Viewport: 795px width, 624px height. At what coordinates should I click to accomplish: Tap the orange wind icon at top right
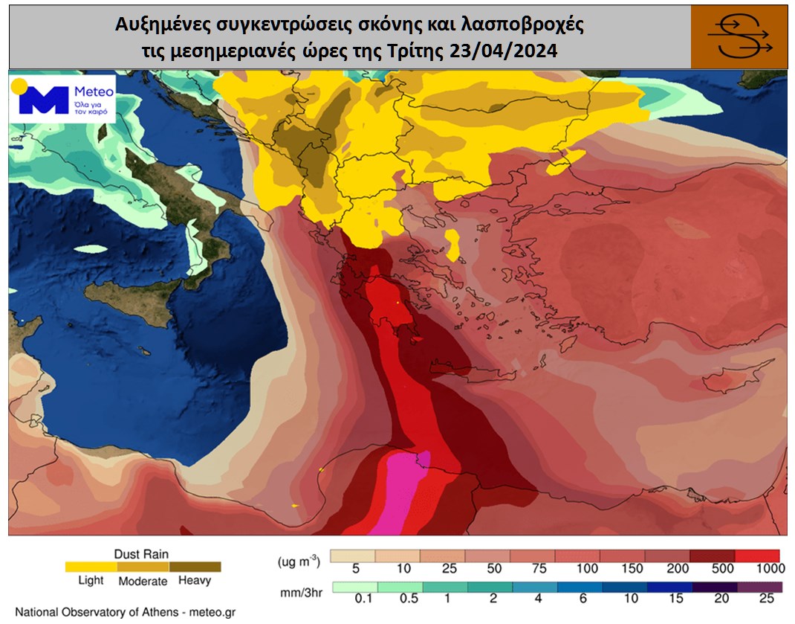pos(739,36)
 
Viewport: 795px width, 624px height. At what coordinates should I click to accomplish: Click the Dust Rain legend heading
pos(141,554)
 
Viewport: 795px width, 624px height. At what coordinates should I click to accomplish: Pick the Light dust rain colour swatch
pos(91,567)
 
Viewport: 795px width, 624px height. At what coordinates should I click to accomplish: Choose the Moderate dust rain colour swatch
pos(143,567)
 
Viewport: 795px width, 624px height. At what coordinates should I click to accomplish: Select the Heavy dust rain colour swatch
pos(195,567)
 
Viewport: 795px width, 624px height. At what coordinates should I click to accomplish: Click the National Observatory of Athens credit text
pos(125,612)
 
